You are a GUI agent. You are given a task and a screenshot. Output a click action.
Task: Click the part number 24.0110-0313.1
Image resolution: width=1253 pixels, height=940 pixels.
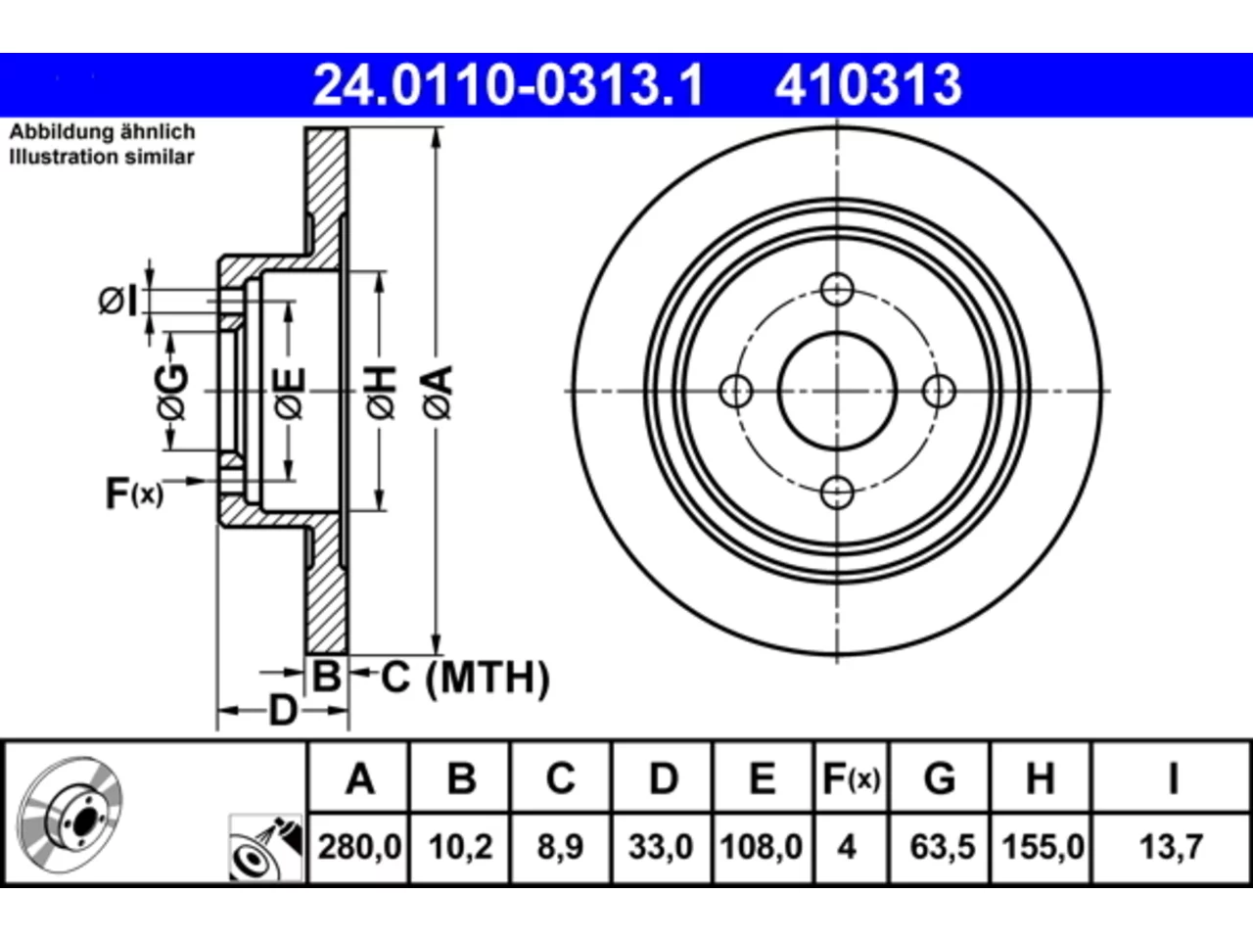coord(508,85)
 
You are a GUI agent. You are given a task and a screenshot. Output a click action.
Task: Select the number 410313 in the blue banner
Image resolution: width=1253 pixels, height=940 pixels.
coord(868,85)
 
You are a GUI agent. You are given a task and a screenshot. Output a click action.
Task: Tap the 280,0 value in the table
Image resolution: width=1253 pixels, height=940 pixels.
coord(359,847)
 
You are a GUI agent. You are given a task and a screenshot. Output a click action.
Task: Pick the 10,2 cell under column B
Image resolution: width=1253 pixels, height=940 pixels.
coord(460,847)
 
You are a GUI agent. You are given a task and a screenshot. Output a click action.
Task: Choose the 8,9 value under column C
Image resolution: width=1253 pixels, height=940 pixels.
coord(560,847)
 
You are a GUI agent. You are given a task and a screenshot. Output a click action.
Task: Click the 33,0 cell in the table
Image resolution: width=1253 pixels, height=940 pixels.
coord(661,847)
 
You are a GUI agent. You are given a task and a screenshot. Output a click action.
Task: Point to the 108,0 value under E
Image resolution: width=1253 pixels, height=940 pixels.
coord(762,847)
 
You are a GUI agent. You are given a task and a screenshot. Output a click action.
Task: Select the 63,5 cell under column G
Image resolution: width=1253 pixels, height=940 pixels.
coord(942,847)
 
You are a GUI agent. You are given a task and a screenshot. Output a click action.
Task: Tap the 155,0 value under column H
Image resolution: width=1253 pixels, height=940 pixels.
coord(1043,847)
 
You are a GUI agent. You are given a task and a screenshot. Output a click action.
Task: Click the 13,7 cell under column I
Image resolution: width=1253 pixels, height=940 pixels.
coord(1171,847)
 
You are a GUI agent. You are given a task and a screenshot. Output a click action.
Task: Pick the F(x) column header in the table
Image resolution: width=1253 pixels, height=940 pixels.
coord(851,778)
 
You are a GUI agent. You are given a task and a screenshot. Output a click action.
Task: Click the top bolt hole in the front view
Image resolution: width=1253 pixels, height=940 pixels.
coord(837,290)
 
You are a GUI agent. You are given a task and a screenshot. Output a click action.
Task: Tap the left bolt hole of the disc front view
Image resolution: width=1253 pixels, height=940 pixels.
coord(736,391)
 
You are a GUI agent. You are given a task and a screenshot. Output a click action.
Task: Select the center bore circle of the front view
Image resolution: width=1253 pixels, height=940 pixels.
coord(837,391)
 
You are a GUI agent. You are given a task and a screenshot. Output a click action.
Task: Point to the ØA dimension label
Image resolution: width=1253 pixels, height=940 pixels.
coord(438,394)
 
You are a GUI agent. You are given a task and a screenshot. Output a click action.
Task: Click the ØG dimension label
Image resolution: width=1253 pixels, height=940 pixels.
coord(172,392)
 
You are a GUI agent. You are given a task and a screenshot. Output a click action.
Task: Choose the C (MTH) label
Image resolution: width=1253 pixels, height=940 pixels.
coord(465,678)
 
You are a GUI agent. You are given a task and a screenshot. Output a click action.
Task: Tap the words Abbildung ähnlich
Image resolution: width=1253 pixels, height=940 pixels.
coord(102,132)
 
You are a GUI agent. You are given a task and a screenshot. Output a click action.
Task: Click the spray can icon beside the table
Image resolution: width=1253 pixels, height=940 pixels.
coord(265,848)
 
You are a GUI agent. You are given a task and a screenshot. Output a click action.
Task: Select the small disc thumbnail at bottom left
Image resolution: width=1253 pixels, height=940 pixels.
coord(70,815)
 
